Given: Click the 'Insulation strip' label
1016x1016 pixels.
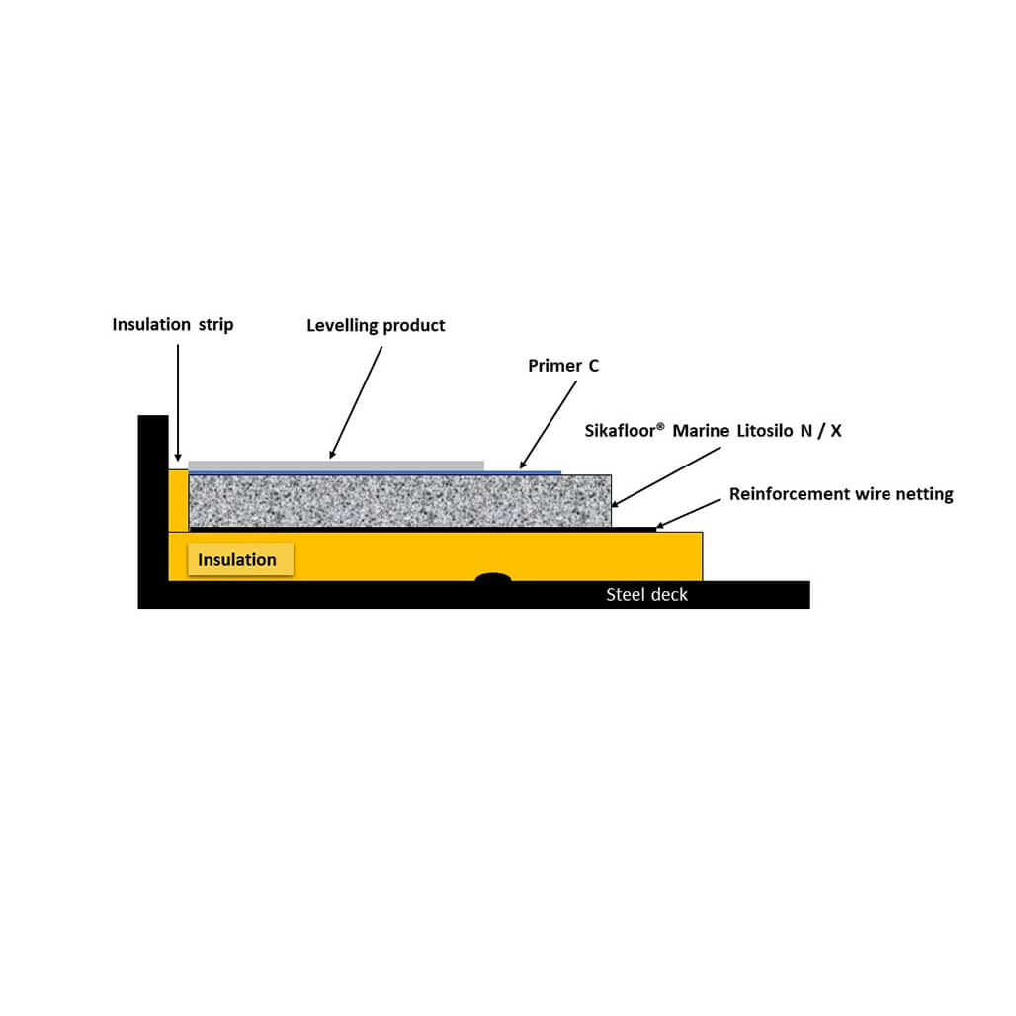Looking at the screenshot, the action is [x=172, y=324].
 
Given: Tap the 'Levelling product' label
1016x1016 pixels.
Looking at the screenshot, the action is [x=376, y=325].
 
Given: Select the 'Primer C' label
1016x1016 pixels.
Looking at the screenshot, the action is [x=563, y=366].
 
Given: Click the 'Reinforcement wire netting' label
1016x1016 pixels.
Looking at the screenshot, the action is [x=841, y=494].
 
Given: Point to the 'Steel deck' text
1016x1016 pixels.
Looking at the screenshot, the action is [x=646, y=594].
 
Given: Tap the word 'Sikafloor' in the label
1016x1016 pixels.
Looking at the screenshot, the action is [x=620, y=431].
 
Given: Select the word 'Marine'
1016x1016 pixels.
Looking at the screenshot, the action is [x=701, y=431].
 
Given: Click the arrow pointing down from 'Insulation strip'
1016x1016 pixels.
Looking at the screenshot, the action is [x=178, y=402].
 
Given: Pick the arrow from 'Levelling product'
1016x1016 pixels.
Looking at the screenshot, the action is [x=356, y=401].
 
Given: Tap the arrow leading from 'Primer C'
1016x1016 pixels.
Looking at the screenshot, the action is [x=549, y=424].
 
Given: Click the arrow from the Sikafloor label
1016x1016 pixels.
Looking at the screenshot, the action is [x=666, y=477].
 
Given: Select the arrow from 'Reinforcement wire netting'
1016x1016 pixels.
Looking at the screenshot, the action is [x=689, y=514].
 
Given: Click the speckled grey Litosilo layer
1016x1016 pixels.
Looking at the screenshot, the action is [x=400, y=501].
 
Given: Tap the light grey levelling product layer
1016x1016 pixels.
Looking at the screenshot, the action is [x=336, y=466].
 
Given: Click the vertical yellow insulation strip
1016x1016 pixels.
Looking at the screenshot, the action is [x=178, y=501].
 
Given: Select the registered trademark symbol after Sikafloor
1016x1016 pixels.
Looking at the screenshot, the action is [x=660, y=426].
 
